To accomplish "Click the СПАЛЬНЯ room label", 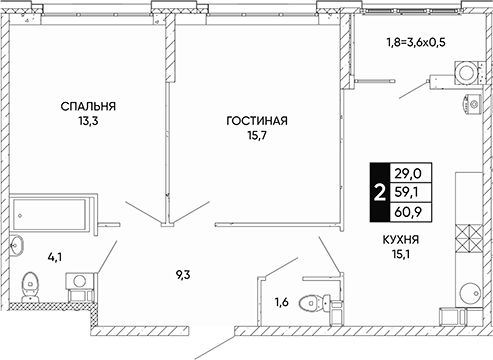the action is click(88, 106).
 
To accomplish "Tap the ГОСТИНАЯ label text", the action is click(257, 121).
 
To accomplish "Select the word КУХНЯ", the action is click(401, 240).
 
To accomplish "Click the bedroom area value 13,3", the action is click(88, 121).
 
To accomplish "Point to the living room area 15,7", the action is click(257, 135).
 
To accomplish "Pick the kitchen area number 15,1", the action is click(401, 254).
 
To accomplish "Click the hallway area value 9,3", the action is click(183, 275).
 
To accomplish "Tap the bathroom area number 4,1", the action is click(55, 257).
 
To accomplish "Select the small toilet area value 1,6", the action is click(282, 302).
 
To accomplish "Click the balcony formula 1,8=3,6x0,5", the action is click(416, 43).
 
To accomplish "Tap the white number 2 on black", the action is click(380, 193).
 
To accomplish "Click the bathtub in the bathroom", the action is click(49, 215).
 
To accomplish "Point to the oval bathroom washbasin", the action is click(16, 246).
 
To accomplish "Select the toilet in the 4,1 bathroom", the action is click(30, 287).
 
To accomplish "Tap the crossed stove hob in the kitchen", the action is click(469, 238).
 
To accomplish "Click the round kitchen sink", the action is click(470, 293).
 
